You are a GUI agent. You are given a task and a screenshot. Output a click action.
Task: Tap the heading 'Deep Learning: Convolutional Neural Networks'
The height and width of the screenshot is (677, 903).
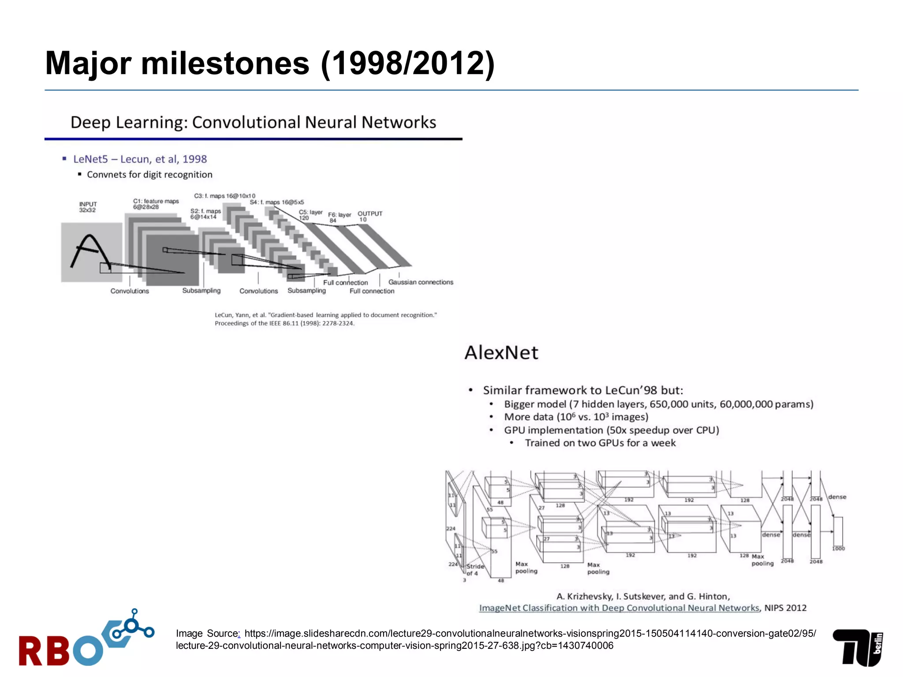(x=253, y=123)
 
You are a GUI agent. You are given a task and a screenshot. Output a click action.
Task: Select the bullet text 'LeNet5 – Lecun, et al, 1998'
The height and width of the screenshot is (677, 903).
(x=140, y=159)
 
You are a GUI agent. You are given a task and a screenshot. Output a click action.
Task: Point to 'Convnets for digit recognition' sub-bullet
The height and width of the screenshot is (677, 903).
(x=149, y=175)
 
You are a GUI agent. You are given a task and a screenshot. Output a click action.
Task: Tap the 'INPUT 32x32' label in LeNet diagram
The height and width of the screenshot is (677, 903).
(x=88, y=207)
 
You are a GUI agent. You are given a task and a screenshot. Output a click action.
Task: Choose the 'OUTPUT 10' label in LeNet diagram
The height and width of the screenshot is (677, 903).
(x=369, y=216)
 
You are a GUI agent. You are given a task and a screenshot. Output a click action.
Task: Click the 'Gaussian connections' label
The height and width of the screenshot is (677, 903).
(x=421, y=282)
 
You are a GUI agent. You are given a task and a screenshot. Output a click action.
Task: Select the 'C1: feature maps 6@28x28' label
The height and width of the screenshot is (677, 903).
(x=156, y=204)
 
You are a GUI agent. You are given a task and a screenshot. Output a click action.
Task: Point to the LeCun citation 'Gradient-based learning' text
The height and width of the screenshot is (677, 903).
(x=325, y=319)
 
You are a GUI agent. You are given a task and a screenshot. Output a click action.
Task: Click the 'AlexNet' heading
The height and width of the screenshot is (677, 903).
(x=501, y=353)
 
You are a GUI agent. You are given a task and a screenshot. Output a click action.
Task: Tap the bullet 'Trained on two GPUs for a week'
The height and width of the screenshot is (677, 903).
(x=600, y=443)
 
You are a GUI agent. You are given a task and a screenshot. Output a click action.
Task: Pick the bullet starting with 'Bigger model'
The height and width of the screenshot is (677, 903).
(x=659, y=404)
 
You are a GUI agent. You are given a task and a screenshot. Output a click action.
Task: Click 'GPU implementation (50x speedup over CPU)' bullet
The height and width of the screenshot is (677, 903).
(x=612, y=430)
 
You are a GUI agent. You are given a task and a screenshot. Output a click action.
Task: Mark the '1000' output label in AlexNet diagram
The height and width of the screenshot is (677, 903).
(x=838, y=549)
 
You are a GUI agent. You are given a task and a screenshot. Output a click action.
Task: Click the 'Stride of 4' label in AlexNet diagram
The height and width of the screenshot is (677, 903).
(x=474, y=570)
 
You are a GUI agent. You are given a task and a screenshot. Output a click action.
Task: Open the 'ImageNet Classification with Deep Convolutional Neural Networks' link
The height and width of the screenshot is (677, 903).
(x=619, y=608)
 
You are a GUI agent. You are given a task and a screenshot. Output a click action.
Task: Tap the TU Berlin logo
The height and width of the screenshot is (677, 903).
(x=858, y=648)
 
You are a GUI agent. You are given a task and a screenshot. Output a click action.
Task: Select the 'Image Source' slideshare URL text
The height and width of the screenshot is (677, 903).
(x=496, y=640)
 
